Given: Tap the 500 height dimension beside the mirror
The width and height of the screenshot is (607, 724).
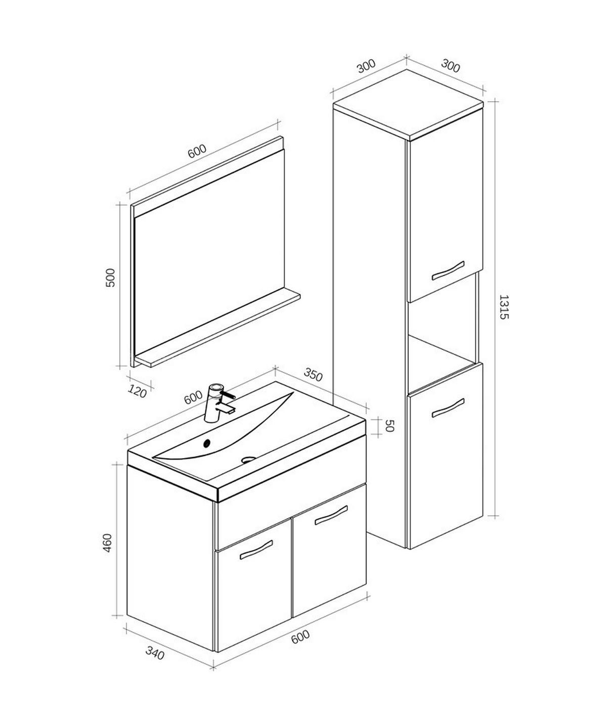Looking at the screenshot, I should coord(111,277).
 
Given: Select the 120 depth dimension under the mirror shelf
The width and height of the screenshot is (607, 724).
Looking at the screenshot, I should coord(138,391).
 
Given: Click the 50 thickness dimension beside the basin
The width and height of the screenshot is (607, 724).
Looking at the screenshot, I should coord(389,426).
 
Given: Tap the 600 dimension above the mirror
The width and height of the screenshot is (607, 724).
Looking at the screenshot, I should coord(197,151).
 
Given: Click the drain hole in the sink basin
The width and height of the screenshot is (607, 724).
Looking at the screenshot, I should coord(248,460).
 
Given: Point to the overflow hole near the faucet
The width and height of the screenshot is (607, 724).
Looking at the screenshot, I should coord(206,443).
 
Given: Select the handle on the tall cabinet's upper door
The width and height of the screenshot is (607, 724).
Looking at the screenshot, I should coord(448,270).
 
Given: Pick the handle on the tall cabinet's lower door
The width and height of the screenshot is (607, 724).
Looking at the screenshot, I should coord(448,408).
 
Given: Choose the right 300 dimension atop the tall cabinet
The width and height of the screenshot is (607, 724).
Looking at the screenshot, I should coord(450,66).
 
